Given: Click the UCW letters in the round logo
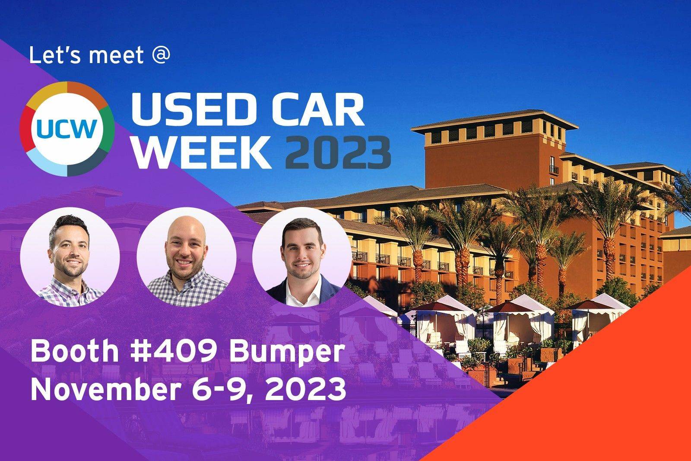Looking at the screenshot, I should point(67,128).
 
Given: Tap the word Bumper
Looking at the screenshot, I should point(286,352).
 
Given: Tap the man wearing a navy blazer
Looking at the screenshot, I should point(301,259).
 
